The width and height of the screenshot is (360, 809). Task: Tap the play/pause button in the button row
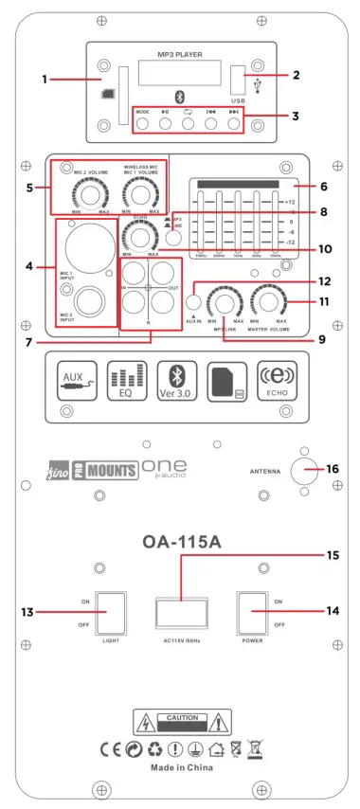[x=165, y=121]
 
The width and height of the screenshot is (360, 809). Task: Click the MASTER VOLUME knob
[x=271, y=302]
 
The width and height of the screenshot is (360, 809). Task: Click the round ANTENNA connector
[x=305, y=469]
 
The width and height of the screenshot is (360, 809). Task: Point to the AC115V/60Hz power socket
[x=180, y=613]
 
